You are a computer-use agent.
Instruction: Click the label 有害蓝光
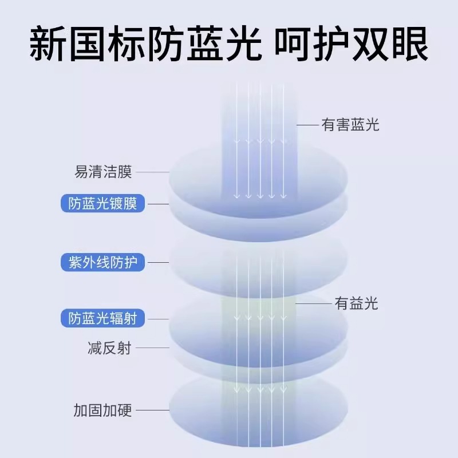pos(350,125)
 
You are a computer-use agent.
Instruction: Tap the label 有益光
pos(356,303)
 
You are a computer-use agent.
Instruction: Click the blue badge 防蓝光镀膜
pos(102,203)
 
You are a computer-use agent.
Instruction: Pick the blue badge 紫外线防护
pos(102,263)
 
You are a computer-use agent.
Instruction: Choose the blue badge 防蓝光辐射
pos(102,318)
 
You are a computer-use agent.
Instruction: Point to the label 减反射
pos(109,348)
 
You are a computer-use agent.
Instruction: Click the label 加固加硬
pos(103,410)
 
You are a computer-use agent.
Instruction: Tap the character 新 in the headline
pos(48,44)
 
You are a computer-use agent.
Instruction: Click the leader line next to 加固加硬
pos(153,410)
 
